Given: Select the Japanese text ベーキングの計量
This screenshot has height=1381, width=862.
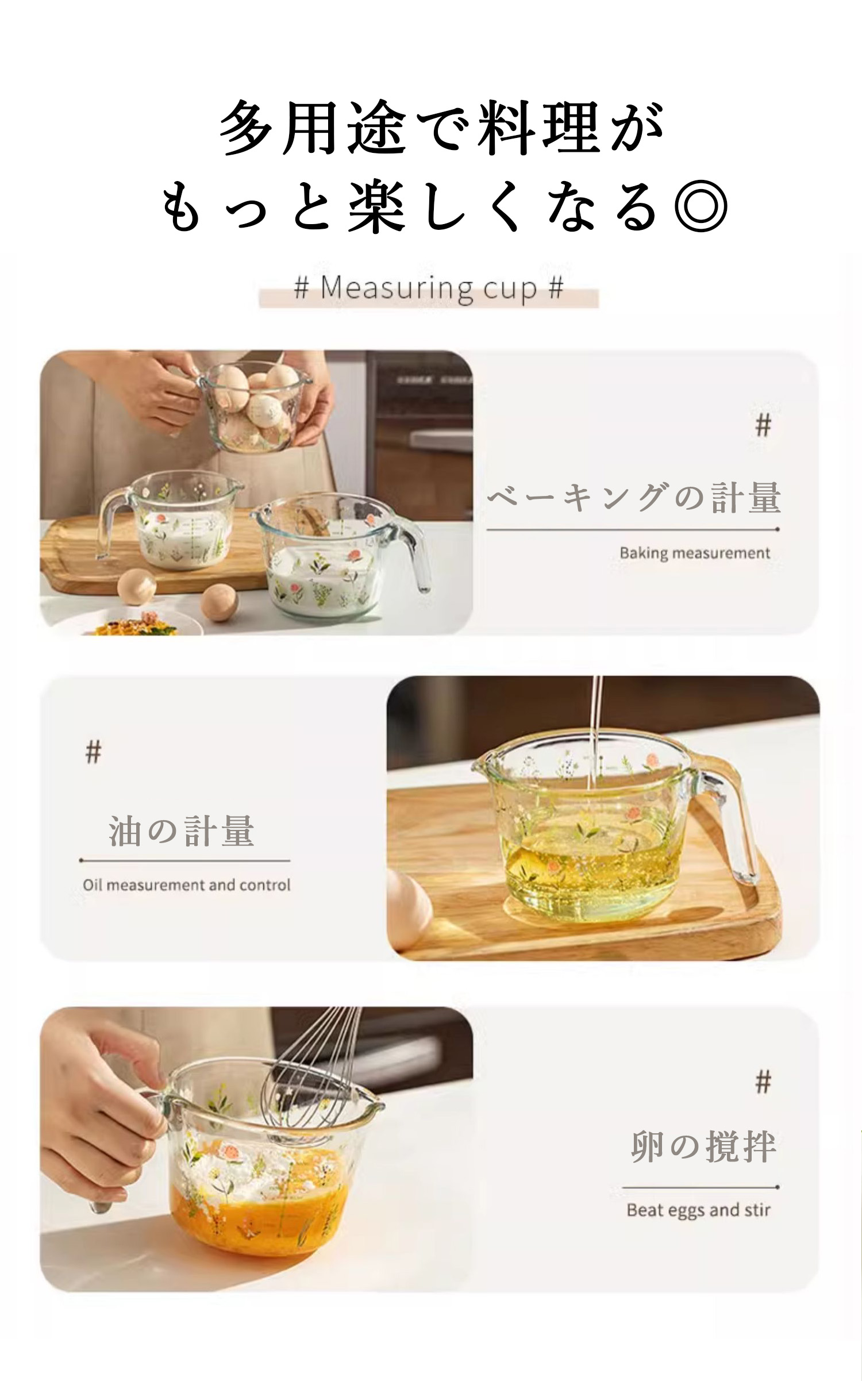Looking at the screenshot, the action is click(634, 498).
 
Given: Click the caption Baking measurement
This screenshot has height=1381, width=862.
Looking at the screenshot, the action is click(695, 553).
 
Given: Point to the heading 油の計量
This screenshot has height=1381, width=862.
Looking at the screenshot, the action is click(182, 831).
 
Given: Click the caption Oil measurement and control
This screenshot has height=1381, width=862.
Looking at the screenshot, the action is click(187, 884).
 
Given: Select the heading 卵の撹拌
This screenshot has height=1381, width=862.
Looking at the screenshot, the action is click(704, 1147).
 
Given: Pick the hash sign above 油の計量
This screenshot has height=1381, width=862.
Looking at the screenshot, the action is click(93, 752).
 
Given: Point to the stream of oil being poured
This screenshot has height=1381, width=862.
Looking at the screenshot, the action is click(595, 741).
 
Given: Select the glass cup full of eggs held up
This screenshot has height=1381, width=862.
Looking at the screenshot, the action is click(253, 404).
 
